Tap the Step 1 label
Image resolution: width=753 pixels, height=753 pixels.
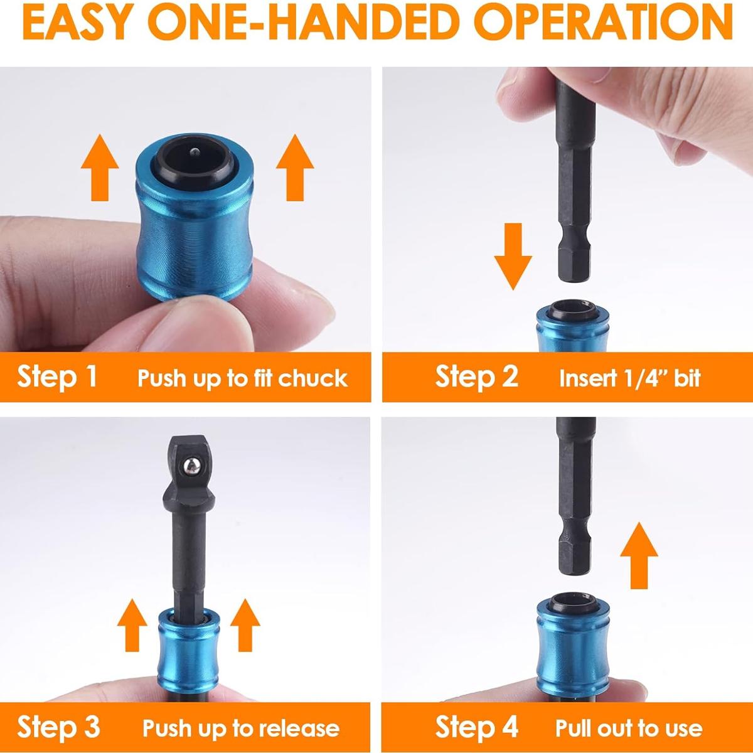pos(57,376)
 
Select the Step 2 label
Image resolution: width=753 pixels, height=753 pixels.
pos(476,376)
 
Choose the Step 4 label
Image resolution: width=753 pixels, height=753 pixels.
pos(476,727)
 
